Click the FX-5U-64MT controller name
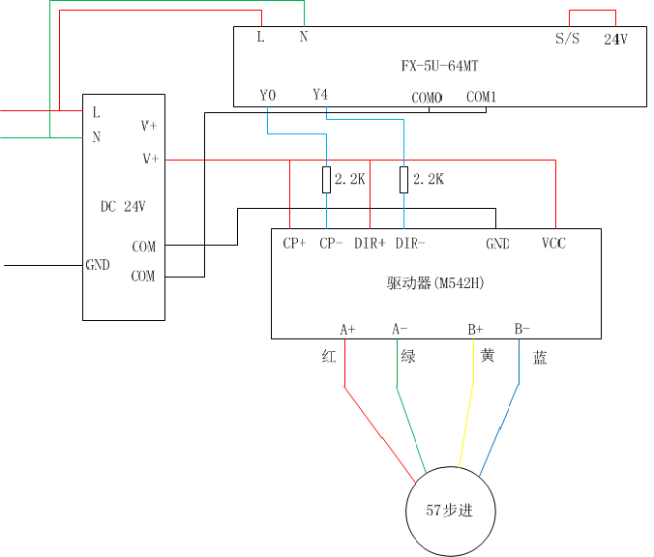pyautogui.click(x=440, y=67)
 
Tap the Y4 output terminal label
pyautogui.click(x=321, y=95)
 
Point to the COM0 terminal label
pyautogui.click(x=427, y=98)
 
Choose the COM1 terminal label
pyautogui.click(x=481, y=97)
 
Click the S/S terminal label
pyautogui.click(x=567, y=40)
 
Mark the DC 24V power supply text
pyautogui.click(x=123, y=206)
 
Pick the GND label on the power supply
pyautogui.click(x=98, y=264)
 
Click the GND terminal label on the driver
pyautogui.click(x=497, y=244)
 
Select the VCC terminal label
pyautogui.click(x=554, y=244)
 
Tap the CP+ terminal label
pyautogui.click(x=294, y=244)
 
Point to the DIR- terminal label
pyautogui.click(x=410, y=244)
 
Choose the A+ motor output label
pyautogui.click(x=347, y=329)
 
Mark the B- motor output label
pyautogui.click(x=521, y=329)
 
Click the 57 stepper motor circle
pyautogui.click(x=450, y=511)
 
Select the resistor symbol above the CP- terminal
pyautogui.click(x=327, y=179)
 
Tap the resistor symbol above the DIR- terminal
pyautogui.click(x=404, y=179)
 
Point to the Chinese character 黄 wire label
pyautogui.click(x=488, y=356)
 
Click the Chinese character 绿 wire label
pyautogui.click(x=408, y=356)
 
